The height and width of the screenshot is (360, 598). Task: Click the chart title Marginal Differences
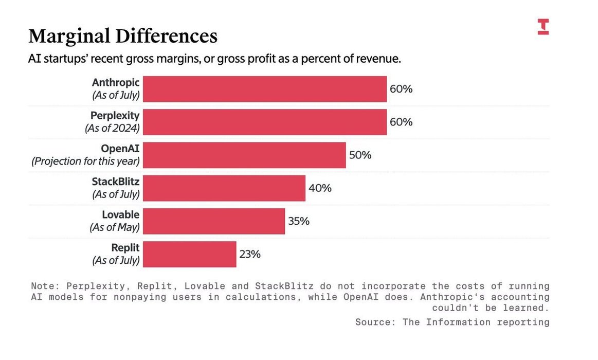(123, 36)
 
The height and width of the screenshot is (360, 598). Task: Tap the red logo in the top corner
(543, 27)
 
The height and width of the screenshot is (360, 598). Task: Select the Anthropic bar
(264, 89)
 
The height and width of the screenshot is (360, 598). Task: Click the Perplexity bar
(264, 122)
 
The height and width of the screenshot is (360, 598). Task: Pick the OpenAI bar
(244, 155)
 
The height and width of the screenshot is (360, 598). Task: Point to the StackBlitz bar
(224, 188)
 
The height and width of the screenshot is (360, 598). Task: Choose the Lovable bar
(213, 221)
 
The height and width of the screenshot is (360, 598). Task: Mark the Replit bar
(189, 254)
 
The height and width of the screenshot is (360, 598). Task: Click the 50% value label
(360, 155)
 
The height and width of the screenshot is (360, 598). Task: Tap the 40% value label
(320, 188)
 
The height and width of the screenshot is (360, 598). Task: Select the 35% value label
(299, 221)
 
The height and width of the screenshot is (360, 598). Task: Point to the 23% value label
(250, 254)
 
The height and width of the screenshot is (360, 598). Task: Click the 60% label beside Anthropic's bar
(401, 89)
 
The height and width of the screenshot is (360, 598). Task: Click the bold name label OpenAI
(120, 149)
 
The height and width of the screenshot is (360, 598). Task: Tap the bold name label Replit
(125, 247)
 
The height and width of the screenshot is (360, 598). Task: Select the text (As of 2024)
(112, 129)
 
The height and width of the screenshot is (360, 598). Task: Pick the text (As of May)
(114, 227)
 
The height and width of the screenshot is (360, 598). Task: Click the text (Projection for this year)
(85, 161)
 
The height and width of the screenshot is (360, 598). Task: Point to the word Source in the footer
(372, 322)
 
